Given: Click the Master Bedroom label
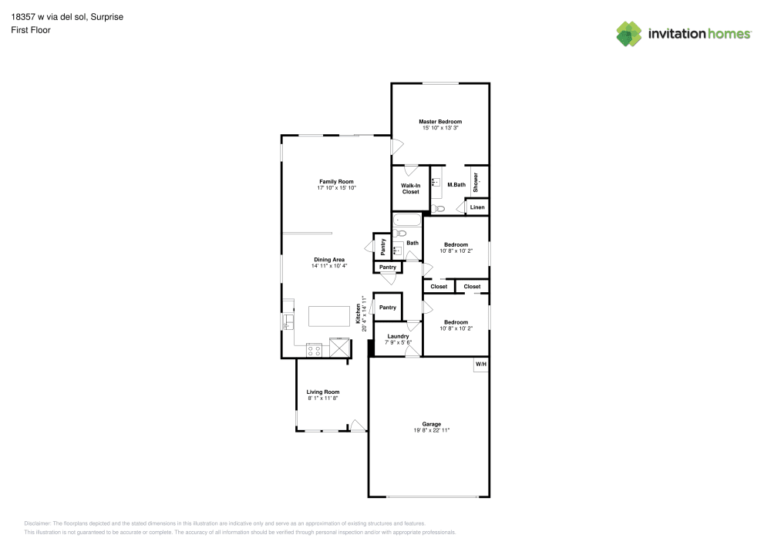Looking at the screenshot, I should [440, 122].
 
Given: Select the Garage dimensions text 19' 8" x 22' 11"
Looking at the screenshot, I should [431, 430].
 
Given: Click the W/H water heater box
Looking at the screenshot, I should [480, 364].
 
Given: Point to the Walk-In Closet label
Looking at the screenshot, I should [410, 188].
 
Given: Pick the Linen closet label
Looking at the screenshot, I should [477, 207].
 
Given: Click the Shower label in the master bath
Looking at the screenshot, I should [476, 182].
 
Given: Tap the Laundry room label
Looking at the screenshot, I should [398, 336].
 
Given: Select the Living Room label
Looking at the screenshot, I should [323, 392].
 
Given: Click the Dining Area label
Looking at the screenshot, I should [329, 260].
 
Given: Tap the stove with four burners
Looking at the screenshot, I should [315, 349].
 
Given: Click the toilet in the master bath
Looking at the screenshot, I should [438, 208].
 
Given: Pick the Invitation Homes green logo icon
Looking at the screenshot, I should [629, 33].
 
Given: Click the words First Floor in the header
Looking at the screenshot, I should [31, 30].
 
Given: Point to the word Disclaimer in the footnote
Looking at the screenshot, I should [38, 523].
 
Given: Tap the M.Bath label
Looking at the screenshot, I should [456, 184].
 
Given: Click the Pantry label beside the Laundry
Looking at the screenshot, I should [387, 308].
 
